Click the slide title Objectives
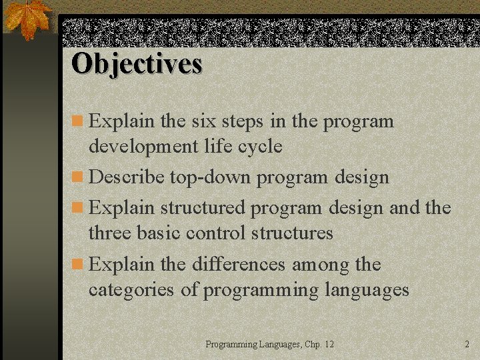[137, 64]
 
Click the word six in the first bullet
[203, 121]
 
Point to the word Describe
[127, 177]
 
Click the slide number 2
[467, 344]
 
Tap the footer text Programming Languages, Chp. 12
[269, 344]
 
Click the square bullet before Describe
[78, 178]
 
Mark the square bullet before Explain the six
[78, 122]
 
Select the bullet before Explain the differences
[78, 265]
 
